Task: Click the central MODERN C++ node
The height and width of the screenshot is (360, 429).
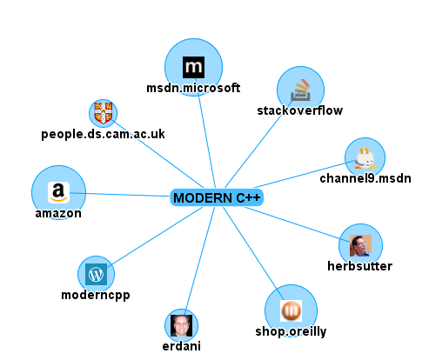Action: click(x=217, y=197)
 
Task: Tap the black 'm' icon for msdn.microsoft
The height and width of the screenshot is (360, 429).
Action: click(x=193, y=67)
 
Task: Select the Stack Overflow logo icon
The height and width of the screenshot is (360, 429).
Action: click(x=300, y=90)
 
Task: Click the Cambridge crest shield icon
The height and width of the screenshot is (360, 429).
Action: click(x=104, y=113)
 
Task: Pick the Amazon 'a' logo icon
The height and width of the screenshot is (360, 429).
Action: click(x=58, y=192)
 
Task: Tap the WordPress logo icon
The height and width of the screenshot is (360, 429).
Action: click(x=96, y=274)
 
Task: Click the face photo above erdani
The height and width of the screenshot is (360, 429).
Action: click(x=181, y=325)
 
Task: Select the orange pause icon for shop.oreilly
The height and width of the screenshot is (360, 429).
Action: click(x=291, y=310)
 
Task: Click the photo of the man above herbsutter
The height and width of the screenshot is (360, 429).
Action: click(x=360, y=245)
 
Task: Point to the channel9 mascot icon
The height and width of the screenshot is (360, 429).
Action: click(x=365, y=158)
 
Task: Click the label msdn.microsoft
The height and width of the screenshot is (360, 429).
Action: click(x=193, y=88)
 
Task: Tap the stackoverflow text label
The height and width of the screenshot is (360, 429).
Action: click(x=300, y=110)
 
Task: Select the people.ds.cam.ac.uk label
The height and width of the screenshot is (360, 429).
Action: click(x=103, y=134)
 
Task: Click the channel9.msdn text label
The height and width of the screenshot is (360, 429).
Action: click(x=365, y=178)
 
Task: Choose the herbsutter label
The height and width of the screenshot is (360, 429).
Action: click(x=360, y=266)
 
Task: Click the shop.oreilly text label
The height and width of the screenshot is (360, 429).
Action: click(x=291, y=331)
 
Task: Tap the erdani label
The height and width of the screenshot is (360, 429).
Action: click(x=182, y=346)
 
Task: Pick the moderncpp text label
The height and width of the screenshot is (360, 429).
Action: click(x=96, y=295)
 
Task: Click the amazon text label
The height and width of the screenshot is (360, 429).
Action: click(x=58, y=213)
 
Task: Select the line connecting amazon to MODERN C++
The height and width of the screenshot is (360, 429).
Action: click(x=120, y=195)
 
